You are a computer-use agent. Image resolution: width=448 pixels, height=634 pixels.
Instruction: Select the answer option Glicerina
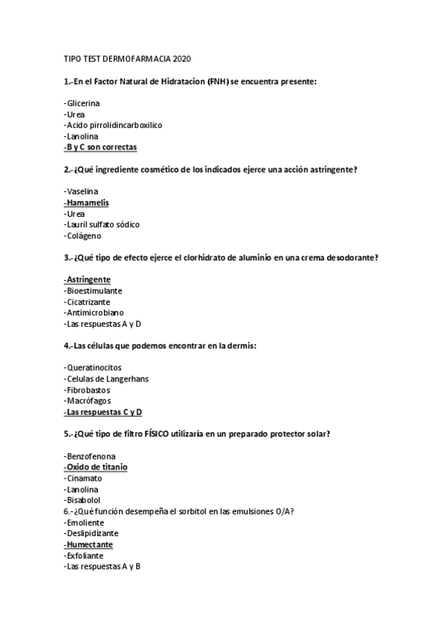83,102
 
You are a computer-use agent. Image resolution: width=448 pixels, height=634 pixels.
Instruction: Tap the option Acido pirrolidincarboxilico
114,125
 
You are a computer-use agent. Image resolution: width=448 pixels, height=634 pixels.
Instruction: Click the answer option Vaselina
82,191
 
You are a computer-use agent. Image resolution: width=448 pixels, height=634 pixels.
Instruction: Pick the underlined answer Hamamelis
87,202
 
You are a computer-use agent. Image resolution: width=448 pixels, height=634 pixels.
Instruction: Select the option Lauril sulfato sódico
102,224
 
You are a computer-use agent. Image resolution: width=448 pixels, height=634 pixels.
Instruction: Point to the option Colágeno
84,236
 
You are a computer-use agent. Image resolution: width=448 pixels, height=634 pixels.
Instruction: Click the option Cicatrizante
88,301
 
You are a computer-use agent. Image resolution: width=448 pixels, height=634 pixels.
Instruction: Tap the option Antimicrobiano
94,313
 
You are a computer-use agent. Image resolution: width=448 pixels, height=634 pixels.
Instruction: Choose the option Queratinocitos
93,367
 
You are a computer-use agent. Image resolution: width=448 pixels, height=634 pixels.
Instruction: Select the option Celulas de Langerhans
106,378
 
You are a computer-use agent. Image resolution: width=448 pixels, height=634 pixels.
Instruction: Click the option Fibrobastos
88,390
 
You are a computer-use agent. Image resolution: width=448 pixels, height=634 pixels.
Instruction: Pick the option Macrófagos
88,401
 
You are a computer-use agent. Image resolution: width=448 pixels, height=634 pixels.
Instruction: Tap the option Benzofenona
90,455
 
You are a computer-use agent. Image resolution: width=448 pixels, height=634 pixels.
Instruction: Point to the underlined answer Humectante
93,545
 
